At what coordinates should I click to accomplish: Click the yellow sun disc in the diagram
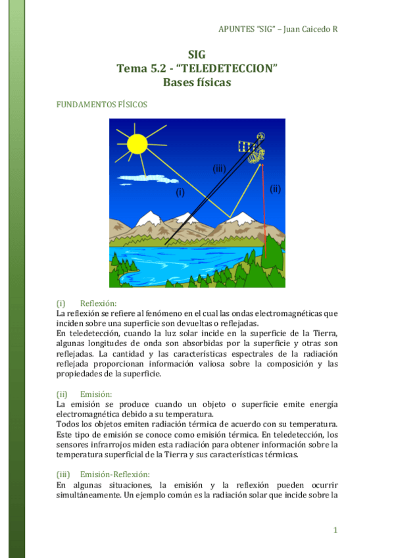pos(137,143)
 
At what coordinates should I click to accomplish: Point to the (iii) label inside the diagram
pos(219,168)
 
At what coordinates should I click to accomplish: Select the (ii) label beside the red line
pos(275,189)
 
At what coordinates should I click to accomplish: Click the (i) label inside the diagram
pos(180,193)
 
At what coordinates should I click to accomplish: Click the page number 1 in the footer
pos(335,530)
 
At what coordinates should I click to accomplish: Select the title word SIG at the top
pos(197,55)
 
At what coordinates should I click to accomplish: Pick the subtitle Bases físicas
pos(197,82)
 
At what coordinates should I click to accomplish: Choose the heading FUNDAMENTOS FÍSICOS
pos(102,104)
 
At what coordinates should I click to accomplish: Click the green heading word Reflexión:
pos(98,303)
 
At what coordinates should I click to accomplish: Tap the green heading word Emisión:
pos(97,393)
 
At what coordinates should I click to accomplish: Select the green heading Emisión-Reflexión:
pos(114,474)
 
